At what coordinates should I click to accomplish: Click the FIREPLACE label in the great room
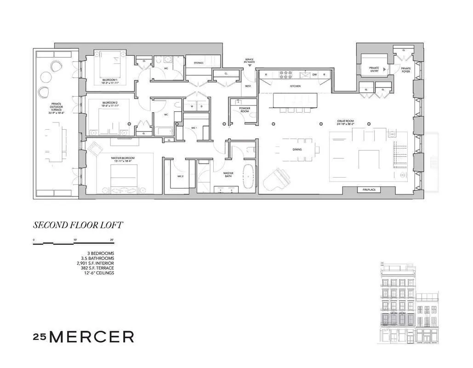click(x=369, y=190)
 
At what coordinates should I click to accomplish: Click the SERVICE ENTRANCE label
click(x=250, y=61)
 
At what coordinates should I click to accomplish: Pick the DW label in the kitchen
click(x=314, y=74)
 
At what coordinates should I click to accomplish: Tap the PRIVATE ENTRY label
click(x=374, y=69)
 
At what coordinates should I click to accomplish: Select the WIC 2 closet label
click(x=181, y=176)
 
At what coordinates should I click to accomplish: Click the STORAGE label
click(x=199, y=63)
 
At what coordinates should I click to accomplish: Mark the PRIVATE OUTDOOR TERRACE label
click(x=56, y=108)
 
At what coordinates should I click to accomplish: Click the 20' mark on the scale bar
click(x=112, y=240)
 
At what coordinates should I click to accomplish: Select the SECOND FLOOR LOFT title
click(x=78, y=225)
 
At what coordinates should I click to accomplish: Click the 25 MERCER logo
click(x=84, y=336)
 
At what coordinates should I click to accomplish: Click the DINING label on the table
click(x=297, y=149)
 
